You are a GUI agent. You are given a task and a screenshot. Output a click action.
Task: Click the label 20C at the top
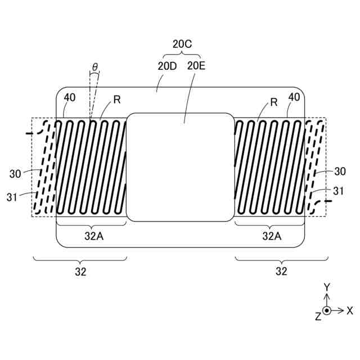tap(182, 44)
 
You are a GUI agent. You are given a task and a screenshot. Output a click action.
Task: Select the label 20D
tap(167, 66)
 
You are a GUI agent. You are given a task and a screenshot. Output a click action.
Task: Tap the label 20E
tap(196, 66)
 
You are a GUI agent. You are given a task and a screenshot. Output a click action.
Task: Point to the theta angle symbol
tap(95, 67)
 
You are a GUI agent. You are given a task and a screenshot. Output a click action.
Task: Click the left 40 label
tap(70, 97)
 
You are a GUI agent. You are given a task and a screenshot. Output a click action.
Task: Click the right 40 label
tap(294, 97)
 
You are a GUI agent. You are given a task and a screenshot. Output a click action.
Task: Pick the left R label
tap(117, 100)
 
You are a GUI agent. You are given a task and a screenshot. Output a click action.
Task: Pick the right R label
tap(274, 102)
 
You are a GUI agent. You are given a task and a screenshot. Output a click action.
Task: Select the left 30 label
tap(15, 174)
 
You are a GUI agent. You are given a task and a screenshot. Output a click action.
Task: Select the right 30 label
tap(340, 172)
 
